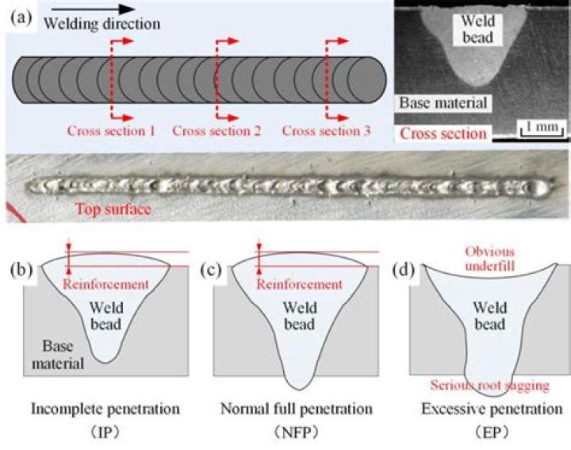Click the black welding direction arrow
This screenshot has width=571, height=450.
point(94,10)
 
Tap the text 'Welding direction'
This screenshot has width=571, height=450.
point(102,24)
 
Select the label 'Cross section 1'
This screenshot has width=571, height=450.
point(112,131)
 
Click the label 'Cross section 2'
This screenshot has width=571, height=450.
point(217,131)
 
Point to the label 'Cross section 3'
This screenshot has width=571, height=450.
point(326,131)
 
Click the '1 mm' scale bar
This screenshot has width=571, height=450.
point(542,129)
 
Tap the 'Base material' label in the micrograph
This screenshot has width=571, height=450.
point(443,102)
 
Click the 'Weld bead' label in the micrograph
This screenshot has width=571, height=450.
point(477,29)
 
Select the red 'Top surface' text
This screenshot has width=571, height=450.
point(113,210)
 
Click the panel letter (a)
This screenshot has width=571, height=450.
point(21,17)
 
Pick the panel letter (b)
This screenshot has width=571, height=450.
point(21,270)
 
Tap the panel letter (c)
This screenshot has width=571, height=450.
point(211,270)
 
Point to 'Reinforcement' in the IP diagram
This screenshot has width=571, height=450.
point(106,284)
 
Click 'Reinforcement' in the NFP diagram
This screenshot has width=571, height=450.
point(299,284)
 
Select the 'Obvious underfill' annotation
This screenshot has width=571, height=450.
point(490,259)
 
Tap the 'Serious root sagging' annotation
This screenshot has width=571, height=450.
point(490,386)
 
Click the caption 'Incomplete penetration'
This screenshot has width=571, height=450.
point(105,409)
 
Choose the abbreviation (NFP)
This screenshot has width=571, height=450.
point(297,433)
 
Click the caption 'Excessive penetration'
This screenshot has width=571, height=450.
point(492,409)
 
